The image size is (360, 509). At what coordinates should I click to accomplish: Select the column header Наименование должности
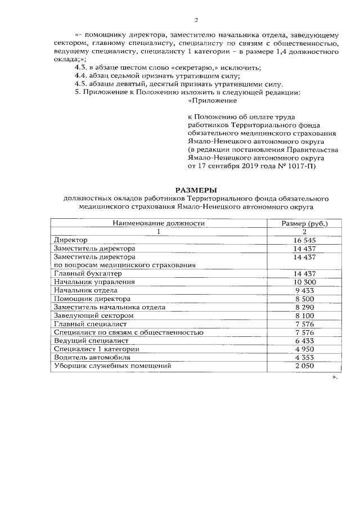click(x=159, y=223)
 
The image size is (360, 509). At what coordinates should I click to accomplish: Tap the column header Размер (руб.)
click(x=304, y=223)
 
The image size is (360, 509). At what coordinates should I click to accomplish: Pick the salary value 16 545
click(x=304, y=240)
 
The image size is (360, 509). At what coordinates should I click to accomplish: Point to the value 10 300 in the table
click(x=304, y=282)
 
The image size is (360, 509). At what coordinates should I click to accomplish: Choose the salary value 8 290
click(x=304, y=307)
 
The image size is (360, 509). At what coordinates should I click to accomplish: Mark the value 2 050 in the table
click(x=304, y=366)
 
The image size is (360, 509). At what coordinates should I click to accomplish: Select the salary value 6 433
click(x=304, y=340)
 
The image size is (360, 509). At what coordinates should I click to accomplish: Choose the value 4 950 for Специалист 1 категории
click(x=304, y=349)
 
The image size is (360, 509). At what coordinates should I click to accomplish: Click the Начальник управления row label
click(x=94, y=282)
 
